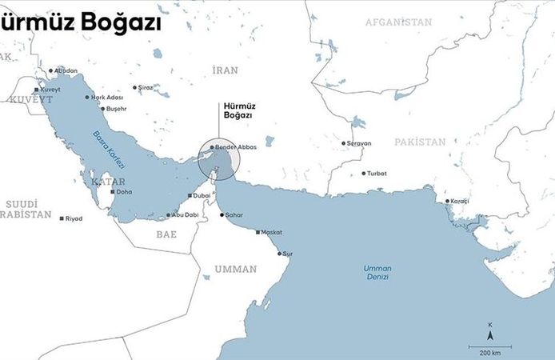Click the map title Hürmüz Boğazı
click(80, 23)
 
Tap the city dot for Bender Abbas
click(212, 147)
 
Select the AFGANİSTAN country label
click(397, 22)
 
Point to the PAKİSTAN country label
click(420, 142)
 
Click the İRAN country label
click(226, 70)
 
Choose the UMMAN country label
click(236, 269)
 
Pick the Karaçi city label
click(460, 201)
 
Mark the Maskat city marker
click(258, 233)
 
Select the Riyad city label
click(74, 218)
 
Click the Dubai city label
click(202, 195)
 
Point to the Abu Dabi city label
click(185, 214)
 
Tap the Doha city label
click(124, 192)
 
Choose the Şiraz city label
click(145, 86)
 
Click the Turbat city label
click(377, 173)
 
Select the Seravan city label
click(359, 143)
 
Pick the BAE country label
click(166, 234)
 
